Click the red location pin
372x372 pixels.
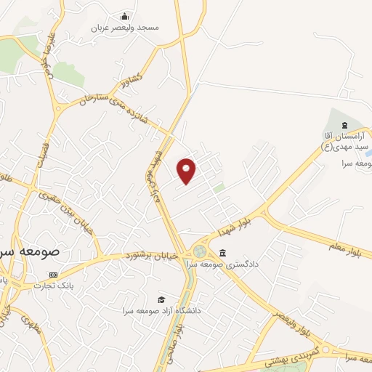click(x=187, y=171)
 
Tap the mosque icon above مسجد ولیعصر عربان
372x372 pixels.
click(x=125, y=17)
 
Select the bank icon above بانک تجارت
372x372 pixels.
click(x=52, y=275)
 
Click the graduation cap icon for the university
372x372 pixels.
click(x=161, y=299)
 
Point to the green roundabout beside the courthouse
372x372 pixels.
click(x=198, y=252)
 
